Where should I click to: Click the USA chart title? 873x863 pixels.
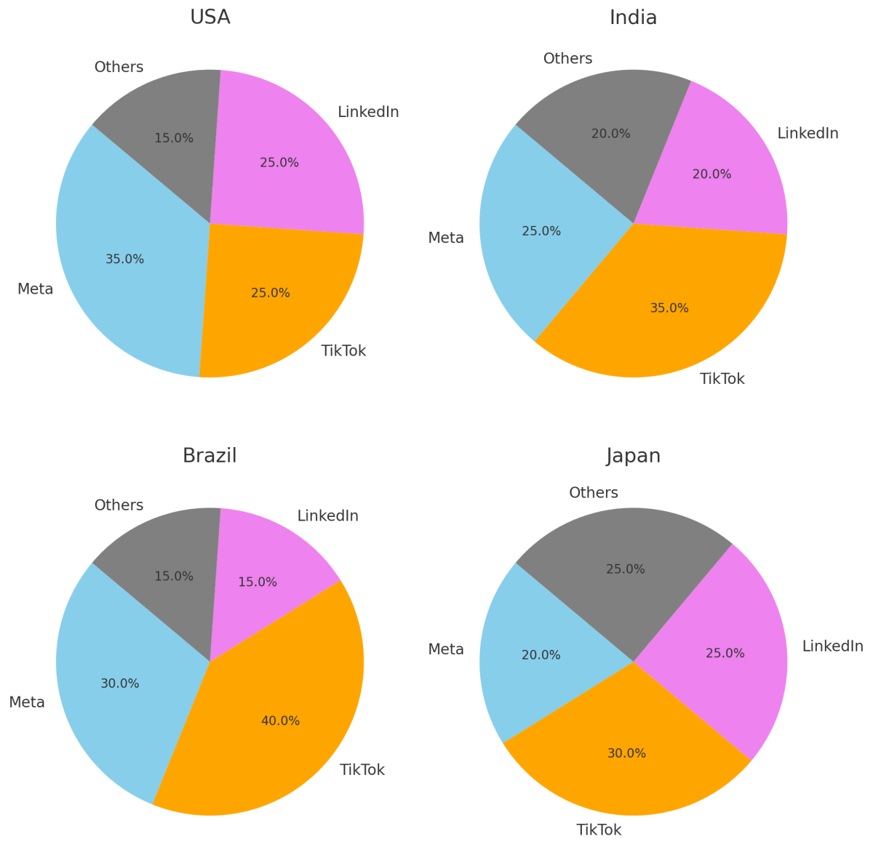pyautogui.click(x=210, y=17)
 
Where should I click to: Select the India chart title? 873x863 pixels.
pyautogui.click(x=633, y=17)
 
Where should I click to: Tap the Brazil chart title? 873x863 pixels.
pyautogui.click(x=210, y=456)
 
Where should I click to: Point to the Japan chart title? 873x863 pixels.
pyautogui.click(x=633, y=456)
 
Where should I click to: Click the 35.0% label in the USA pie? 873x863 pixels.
pyautogui.click(x=124, y=259)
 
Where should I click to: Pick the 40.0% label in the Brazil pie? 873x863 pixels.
pyautogui.click(x=280, y=721)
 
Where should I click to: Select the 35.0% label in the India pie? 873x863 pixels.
pyautogui.click(x=669, y=308)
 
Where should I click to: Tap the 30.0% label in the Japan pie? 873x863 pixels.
pyautogui.click(x=626, y=753)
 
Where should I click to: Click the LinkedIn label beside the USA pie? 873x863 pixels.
pyautogui.click(x=368, y=112)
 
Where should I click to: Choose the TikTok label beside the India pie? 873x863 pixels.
pyautogui.click(x=722, y=379)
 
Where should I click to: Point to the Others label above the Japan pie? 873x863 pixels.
pyautogui.click(x=594, y=493)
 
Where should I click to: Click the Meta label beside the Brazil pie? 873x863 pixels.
pyautogui.click(x=27, y=702)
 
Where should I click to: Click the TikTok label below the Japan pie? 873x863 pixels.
pyautogui.click(x=599, y=830)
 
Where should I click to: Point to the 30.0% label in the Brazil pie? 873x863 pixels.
pyautogui.click(x=120, y=683)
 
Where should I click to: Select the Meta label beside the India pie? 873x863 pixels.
pyautogui.click(x=446, y=238)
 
